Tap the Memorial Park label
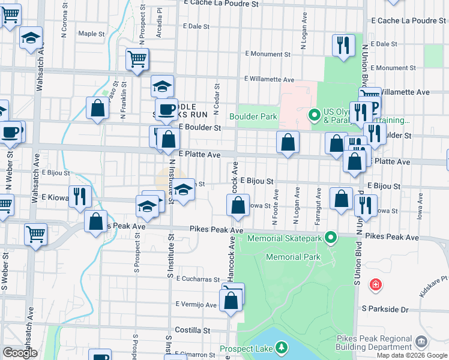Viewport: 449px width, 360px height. [293, 257]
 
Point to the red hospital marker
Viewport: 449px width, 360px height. [376, 284]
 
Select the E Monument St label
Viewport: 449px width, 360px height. [268, 54]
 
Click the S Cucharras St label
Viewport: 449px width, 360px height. [198, 280]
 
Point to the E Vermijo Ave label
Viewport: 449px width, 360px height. [196, 305]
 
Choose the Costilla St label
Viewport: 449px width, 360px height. [192, 330]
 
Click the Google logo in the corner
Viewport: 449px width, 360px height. [20, 353]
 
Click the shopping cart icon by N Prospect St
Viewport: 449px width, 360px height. [137, 59]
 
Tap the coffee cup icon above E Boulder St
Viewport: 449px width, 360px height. [166, 109]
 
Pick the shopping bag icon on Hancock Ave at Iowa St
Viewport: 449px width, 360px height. [238, 205]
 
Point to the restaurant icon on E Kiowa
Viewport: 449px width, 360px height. [79, 196]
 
